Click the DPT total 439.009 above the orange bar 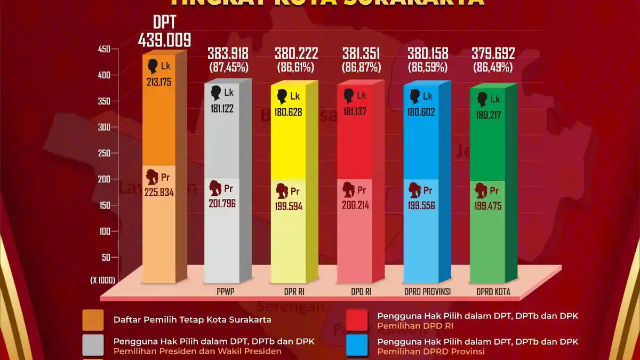pos(164,41)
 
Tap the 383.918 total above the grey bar pos(228,53)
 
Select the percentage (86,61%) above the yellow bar pos(296,68)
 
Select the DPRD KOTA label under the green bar pos(493,292)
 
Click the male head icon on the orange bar pos(154,66)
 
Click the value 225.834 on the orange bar pos(159,192)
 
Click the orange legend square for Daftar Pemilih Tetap pos(93,320)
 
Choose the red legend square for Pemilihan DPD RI pos(357,320)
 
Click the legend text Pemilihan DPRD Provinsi pos(431,351)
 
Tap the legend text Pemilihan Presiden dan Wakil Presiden pos(197,351)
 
